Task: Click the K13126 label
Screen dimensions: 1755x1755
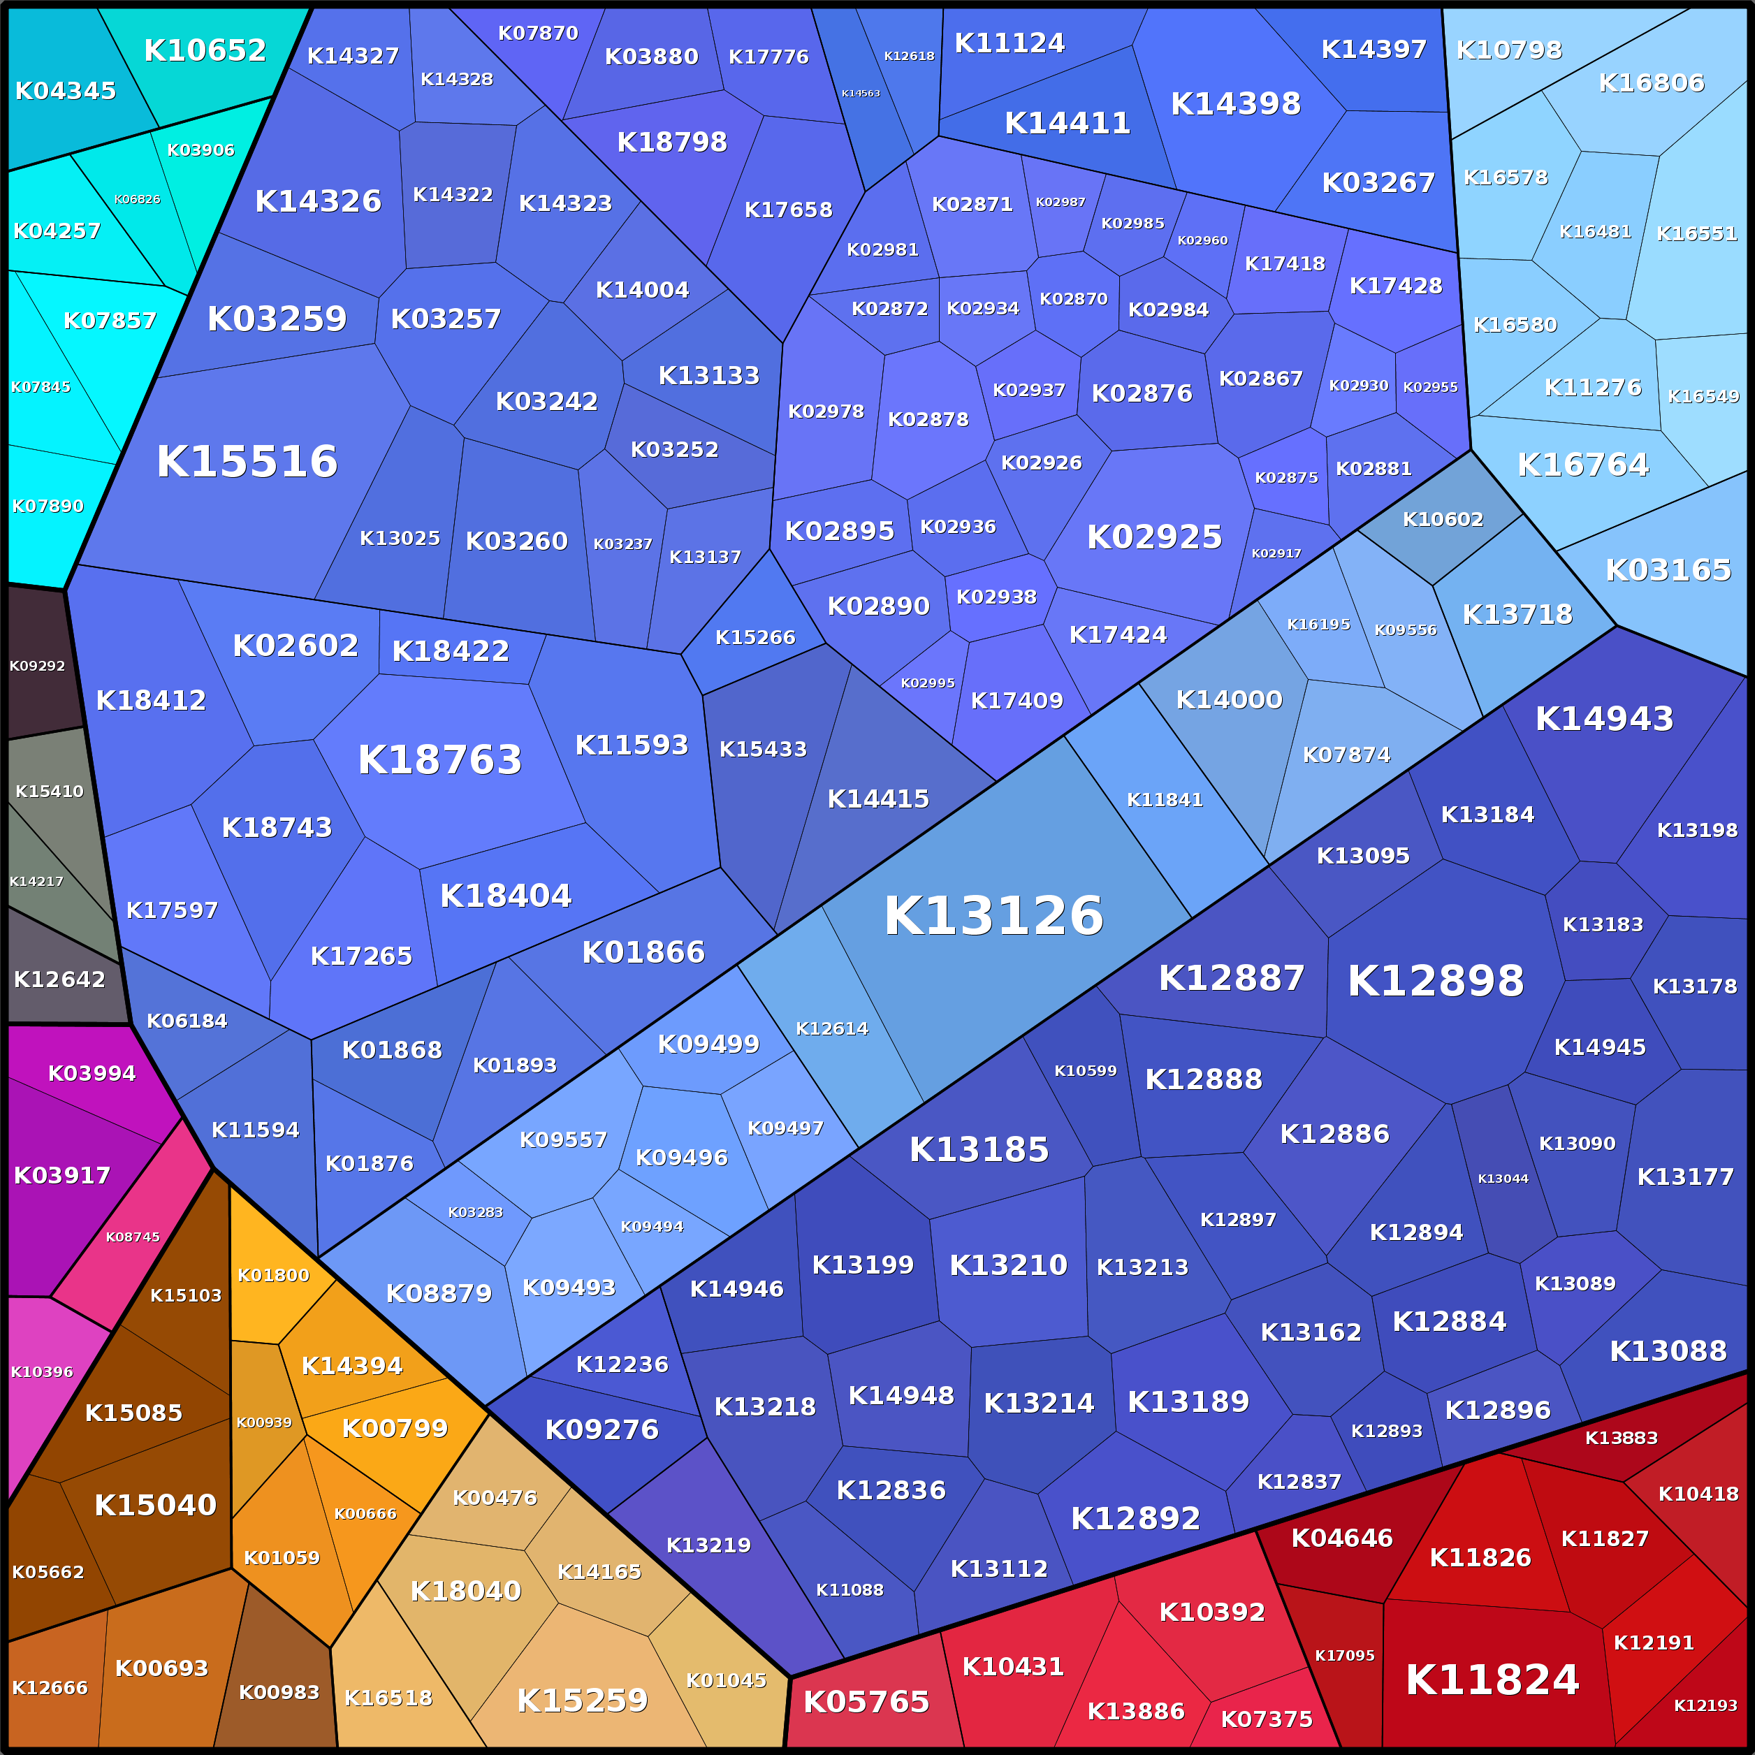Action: [x=993, y=916]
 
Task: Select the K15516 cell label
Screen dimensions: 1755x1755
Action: [x=247, y=462]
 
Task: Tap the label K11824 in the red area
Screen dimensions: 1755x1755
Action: [x=1492, y=1680]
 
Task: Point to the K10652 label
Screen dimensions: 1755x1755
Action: [x=205, y=50]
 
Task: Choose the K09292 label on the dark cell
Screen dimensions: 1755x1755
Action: [x=37, y=666]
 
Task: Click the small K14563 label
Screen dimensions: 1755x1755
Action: [x=860, y=93]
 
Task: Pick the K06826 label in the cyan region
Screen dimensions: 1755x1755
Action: [x=137, y=199]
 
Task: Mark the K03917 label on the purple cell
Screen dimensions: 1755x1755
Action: [x=61, y=1175]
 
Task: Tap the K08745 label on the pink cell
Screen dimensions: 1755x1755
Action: [x=133, y=1237]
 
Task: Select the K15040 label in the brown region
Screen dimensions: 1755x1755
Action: [x=155, y=1505]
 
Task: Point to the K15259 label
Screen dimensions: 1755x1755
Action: [x=582, y=1701]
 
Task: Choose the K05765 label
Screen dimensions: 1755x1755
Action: [x=866, y=1701]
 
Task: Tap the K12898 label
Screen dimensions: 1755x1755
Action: [x=1435, y=981]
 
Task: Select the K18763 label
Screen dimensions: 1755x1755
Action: [x=439, y=759]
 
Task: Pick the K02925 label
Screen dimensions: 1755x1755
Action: [x=1155, y=537]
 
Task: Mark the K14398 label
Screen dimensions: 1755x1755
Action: [x=1235, y=103]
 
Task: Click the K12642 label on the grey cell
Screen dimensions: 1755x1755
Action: [x=59, y=980]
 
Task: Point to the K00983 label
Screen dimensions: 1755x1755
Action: [x=279, y=1692]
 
